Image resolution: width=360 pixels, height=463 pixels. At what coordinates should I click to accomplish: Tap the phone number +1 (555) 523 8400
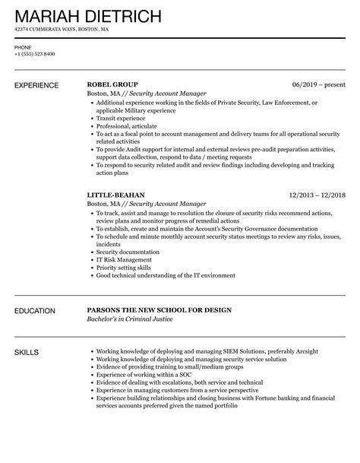[34, 54]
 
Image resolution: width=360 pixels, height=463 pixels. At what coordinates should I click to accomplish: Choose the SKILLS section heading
[27, 331]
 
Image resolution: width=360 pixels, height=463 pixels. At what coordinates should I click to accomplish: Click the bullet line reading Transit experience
[122, 118]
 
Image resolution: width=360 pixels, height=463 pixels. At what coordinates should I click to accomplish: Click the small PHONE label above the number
[22, 47]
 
